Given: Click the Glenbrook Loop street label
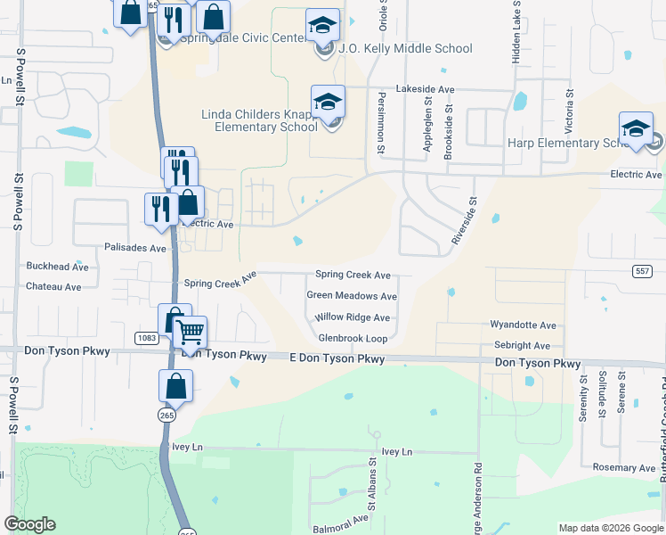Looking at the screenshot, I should (353, 339).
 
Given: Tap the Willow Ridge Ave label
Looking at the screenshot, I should (353, 317).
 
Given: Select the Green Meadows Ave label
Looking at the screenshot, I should (352, 296).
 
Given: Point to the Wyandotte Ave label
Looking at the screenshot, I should (523, 326).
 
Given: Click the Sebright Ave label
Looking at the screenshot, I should (522, 345).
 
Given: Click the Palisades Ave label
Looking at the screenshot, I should (135, 247).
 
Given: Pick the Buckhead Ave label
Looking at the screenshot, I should (58, 267).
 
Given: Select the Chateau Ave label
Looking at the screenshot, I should (53, 287).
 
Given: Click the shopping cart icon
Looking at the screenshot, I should (190, 333).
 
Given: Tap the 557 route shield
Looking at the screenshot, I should (644, 271).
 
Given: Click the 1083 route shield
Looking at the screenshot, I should (147, 338).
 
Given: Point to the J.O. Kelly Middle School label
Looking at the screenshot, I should (406, 48).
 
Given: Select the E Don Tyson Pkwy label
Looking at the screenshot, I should (337, 358).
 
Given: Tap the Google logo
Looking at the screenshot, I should (29, 524).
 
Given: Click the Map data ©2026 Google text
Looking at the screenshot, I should (610, 528).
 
